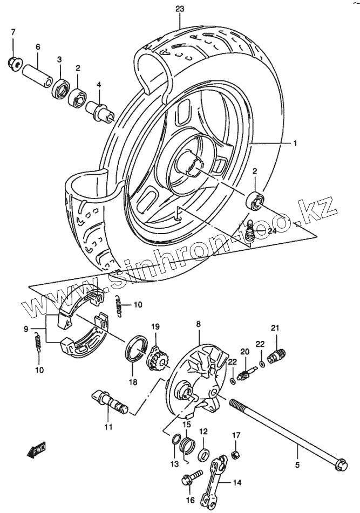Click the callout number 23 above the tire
pyautogui.click(x=180, y=9)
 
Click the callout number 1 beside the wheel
pyautogui.click(x=295, y=143)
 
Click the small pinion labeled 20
pyautogui.click(x=242, y=372)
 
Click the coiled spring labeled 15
pyautogui.click(x=187, y=447)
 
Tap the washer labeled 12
pyautogui.click(x=205, y=454)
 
